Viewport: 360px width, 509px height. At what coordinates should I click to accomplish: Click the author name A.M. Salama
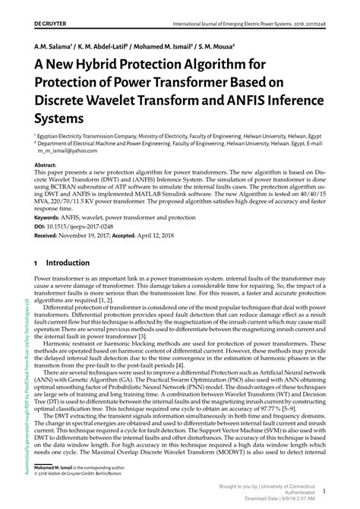click(55, 46)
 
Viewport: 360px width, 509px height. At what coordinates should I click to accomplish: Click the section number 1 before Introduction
click(36, 263)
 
